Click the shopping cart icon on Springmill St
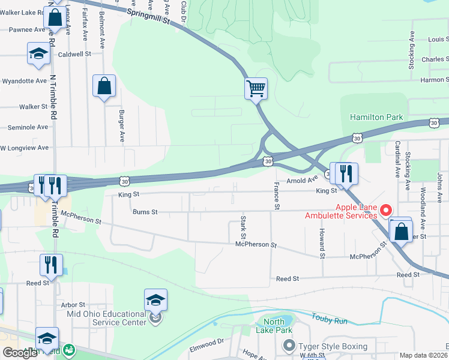pyautogui.click(x=256, y=88)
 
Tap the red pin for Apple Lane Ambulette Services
pyautogui.click(x=386, y=210)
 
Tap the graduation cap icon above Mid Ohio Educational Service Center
pyautogui.click(x=155, y=300)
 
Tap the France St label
pyautogui.click(x=277, y=196)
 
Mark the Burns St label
pyautogui.click(x=145, y=212)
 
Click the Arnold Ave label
pyautogui.click(x=301, y=179)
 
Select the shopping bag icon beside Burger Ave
pyautogui.click(x=104, y=86)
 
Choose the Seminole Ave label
pyautogui.click(x=27, y=127)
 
